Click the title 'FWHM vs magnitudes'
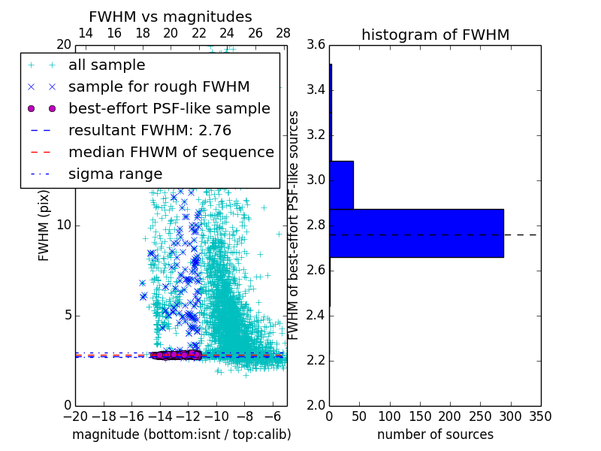pyautogui.click(x=171, y=17)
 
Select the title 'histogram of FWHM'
pyautogui.click(x=435, y=35)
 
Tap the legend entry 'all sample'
pyautogui.click(x=107, y=65)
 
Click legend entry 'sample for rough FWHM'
pyautogui.click(x=159, y=87)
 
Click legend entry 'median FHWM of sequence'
pyautogui.click(x=171, y=152)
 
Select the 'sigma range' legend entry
pyautogui.click(x=115, y=174)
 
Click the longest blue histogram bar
pyautogui.click(x=416, y=233)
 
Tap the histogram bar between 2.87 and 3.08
pyautogui.click(x=341, y=185)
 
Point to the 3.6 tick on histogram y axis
pyautogui.click(x=316, y=45)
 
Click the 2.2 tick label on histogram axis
pyautogui.click(x=316, y=360)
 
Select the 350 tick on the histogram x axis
pyautogui.click(x=540, y=416)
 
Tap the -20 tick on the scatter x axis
pyautogui.click(x=75, y=416)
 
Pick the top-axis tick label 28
pyautogui.click(x=283, y=34)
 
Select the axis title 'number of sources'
pyautogui.click(x=435, y=434)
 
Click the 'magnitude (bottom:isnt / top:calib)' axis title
pyautogui.click(x=181, y=434)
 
